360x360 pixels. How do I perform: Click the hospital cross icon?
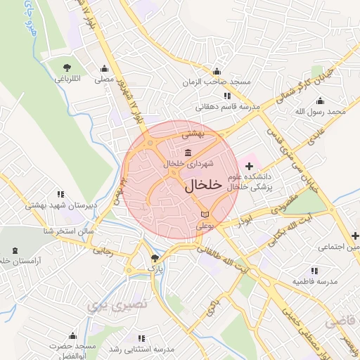coord(250,165)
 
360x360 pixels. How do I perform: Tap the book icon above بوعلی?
coord(205,213)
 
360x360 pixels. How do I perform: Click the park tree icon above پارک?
coord(155,258)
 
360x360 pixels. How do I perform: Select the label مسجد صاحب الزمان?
coord(216,82)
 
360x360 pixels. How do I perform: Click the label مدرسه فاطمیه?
coord(314,281)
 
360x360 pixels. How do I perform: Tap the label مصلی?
coord(105,81)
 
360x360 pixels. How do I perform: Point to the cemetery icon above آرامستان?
coord(15,250)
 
